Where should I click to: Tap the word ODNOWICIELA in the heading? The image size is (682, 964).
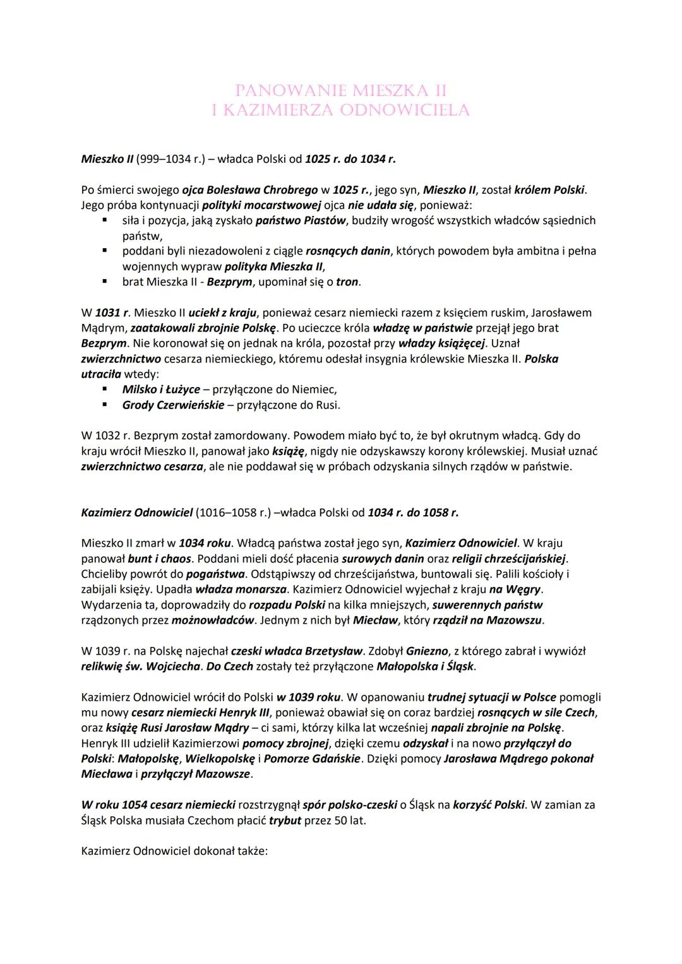pyautogui.click(x=405, y=110)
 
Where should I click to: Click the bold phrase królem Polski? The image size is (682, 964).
pyautogui.click(x=549, y=189)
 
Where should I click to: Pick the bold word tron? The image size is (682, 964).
pyautogui.click(x=347, y=282)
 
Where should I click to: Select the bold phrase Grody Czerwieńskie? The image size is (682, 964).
pyautogui.click(x=173, y=405)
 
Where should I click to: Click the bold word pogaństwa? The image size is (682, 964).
pyautogui.click(x=212, y=574)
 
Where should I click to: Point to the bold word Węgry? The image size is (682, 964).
pyautogui.click(x=523, y=589)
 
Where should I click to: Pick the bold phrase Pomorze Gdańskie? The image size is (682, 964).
pyautogui.click(x=312, y=758)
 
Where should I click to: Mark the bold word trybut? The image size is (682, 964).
pyautogui.click(x=285, y=821)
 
